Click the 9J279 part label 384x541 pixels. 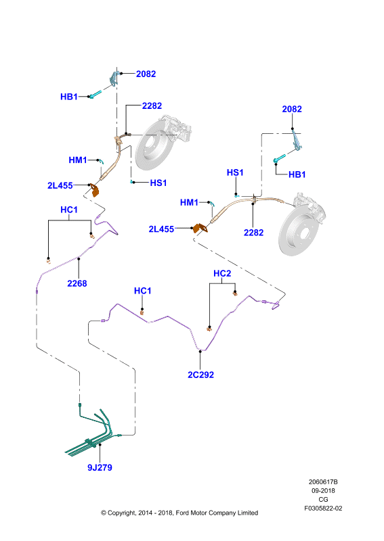pyautogui.click(x=100, y=467)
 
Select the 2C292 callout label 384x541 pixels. pyautogui.click(x=201, y=375)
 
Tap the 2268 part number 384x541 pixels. pyautogui.click(x=77, y=283)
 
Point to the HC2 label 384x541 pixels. pyautogui.click(x=222, y=274)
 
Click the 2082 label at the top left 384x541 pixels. pyautogui.click(x=146, y=74)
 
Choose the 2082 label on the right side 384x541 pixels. pyautogui.click(x=292, y=109)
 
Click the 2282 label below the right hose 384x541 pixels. pyautogui.click(x=254, y=233)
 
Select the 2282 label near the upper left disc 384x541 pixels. pyautogui.click(x=152, y=106)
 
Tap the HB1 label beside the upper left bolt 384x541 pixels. pyautogui.click(x=69, y=97)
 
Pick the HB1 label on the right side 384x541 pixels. pyautogui.click(x=297, y=174)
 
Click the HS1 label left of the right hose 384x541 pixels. pyautogui.click(x=235, y=172)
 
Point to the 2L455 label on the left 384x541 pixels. pyautogui.click(x=60, y=185)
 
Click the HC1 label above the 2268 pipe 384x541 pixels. pyautogui.click(x=69, y=210)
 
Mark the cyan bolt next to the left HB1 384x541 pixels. pyautogui.click(x=95, y=94)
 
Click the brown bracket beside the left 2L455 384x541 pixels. pyautogui.click(x=94, y=190)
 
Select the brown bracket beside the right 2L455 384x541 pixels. pyautogui.click(x=200, y=229)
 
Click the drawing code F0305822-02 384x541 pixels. pyautogui.click(x=323, y=509)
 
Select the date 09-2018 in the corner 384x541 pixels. pyautogui.click(x=323, y=491)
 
